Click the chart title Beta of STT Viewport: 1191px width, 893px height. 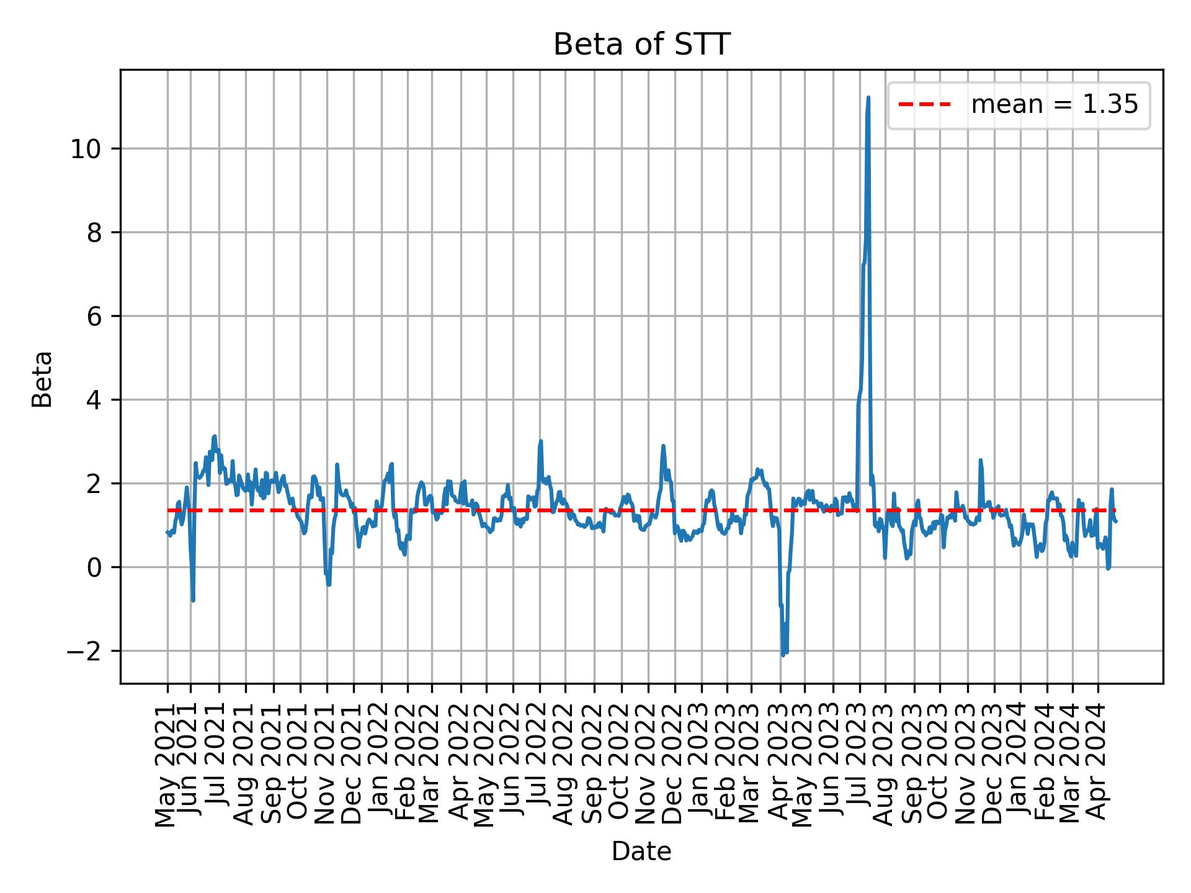pos(641,45)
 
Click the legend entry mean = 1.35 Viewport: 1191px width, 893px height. pos(1054,105)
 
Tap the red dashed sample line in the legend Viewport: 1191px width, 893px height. pos(924,105)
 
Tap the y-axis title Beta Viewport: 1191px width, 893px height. pos(42,379)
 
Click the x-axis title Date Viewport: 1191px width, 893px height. pos(641,851)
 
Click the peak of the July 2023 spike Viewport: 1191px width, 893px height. pos(868,98)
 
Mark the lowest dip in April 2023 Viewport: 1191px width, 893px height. pos(783,655)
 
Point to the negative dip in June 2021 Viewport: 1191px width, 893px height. pos(193,600)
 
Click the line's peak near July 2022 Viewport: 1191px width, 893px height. pos(541,442)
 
